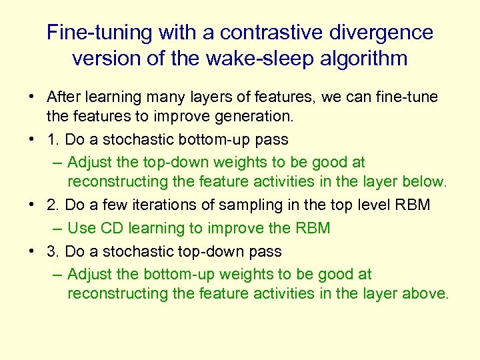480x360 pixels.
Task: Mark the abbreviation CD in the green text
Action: click(x=112, y=228)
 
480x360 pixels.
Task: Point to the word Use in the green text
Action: click(x=82, y=228)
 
